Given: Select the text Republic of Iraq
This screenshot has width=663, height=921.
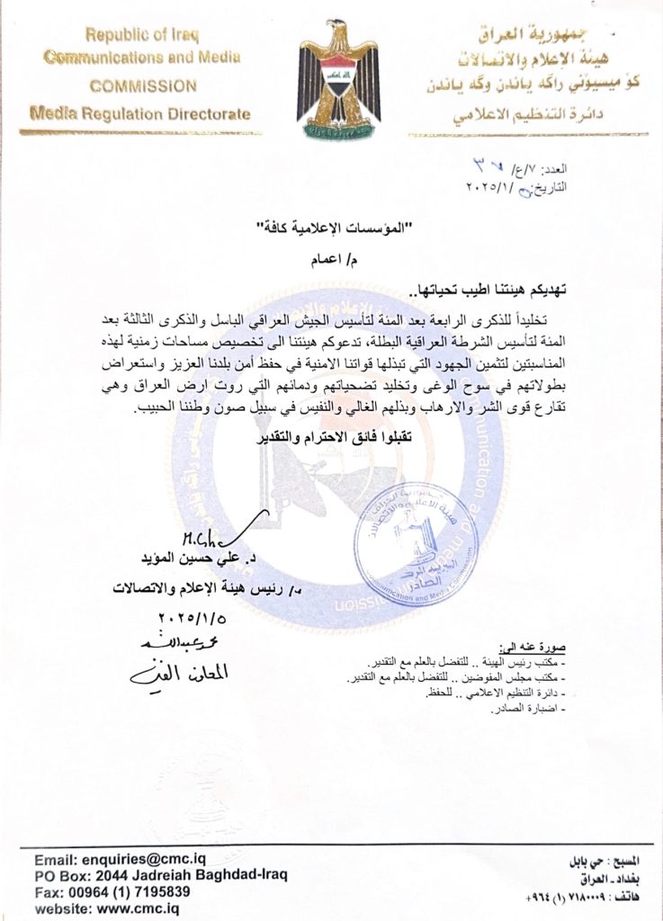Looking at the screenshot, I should pyautogui.click(x=142, y=36).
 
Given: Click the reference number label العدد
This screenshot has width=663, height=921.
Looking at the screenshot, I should pyautogui.click(x=614, y=169).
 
